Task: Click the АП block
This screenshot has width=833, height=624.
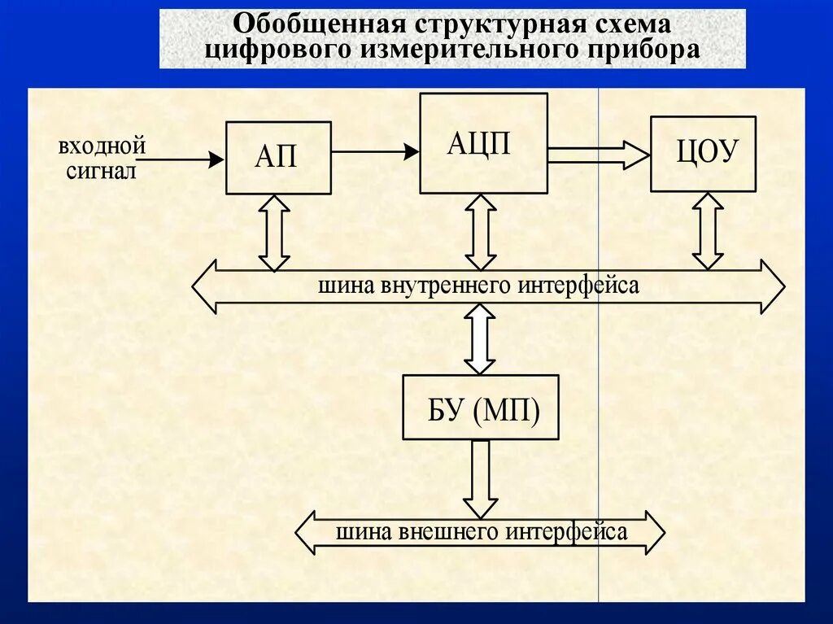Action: (x=278, y=158)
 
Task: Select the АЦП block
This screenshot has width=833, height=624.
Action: (x=483, y=143)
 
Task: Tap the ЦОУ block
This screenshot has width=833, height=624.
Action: (x=703, y=154)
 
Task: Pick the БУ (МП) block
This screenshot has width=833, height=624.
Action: (x=481, y=407)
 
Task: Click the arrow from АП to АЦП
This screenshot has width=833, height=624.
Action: (x=375, y=151)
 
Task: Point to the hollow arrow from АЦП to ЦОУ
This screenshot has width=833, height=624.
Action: (x=599, y=154)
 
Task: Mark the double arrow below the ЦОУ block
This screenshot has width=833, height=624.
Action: (x=708, y=231)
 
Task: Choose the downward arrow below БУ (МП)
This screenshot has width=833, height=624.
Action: (x=480, y=478)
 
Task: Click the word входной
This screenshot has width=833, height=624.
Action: (x=102, y=146)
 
